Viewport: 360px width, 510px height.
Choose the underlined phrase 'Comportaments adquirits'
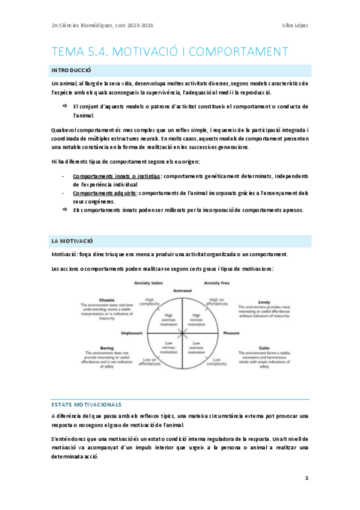[105, 193]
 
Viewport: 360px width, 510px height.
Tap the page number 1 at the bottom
[307, 478]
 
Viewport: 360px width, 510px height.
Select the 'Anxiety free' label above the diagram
[217, 283]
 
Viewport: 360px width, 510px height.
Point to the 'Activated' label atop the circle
[182, 290]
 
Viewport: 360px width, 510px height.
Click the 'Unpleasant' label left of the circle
[132, 333]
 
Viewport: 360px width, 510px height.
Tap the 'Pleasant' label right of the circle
[231, 333]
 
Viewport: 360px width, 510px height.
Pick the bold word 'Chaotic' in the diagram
[107, 300]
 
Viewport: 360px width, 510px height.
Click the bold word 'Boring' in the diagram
[106, 348]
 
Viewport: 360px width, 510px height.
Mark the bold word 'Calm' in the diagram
[264, 348]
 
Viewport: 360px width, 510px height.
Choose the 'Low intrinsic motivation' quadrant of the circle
[169, 347]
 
